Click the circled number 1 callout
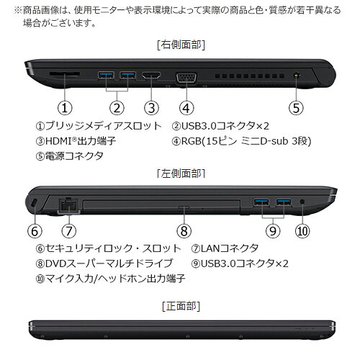click(x=66, y=108)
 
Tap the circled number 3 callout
click(x=150, y=108)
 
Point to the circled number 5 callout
click(x=297, y=108)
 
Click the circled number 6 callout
click(x=35, y=230)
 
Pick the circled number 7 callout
click(x=69, y=230)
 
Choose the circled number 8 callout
click(x=185, y=230)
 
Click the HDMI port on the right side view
click(x=151, y=75)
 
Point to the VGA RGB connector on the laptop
click(x=186, y=76)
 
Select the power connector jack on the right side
click(x=297, y=75)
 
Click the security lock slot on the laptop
click(x=35, y=204)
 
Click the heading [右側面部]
click(x=180, y=44)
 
